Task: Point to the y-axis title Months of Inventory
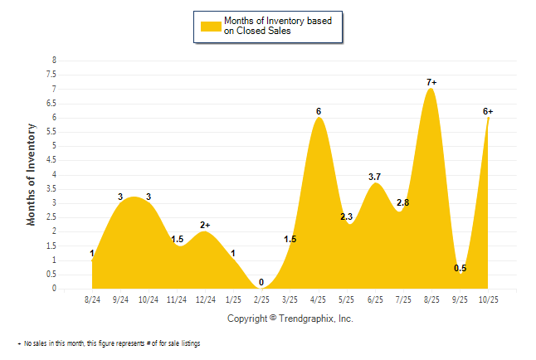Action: coord(32,174)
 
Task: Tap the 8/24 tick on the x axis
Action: coord(93,299)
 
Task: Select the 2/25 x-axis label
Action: coord(262,299)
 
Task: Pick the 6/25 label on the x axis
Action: coord(375,299)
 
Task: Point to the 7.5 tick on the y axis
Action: coord(54,75)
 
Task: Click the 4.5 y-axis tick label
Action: coord(54,160)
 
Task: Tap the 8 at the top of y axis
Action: coord(55,61)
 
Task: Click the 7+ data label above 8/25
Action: coord(431,82)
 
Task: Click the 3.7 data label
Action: coord(374,177)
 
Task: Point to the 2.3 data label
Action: coord(347,217)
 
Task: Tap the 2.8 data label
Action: coord(403,202)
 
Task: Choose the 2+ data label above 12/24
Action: coord(205,225)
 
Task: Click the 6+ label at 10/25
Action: coord(488,111)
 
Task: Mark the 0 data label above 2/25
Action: coord(262,282)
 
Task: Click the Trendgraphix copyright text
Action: coord(290,319)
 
